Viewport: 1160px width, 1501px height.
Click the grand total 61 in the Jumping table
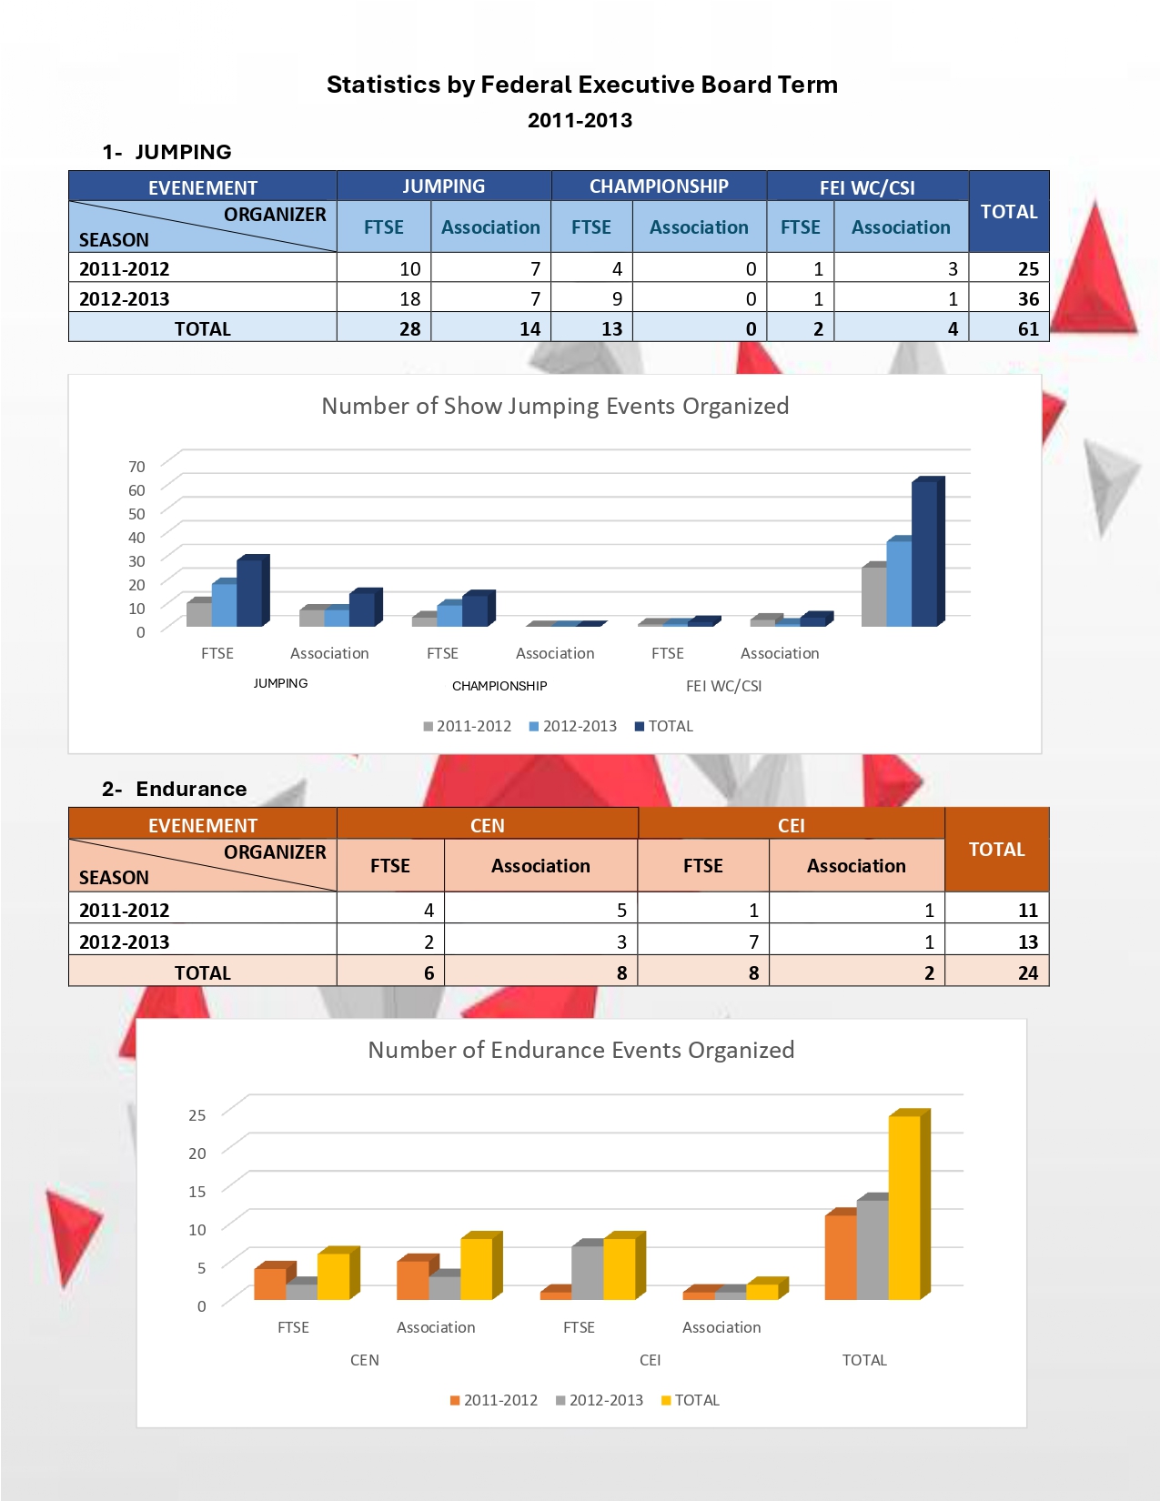click(1027, 328)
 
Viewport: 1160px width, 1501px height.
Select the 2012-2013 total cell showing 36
click(1027, 298)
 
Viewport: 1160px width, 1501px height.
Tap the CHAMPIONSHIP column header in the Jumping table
click(659, 186)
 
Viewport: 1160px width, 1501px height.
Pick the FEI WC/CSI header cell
click(867, 187)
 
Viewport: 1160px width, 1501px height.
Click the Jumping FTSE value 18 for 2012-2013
click(409, 298)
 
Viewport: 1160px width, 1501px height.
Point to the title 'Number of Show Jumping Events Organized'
click(555, 406)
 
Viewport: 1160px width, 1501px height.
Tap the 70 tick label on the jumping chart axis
click(136, 467)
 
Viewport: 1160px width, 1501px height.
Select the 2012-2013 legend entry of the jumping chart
click(573, 726)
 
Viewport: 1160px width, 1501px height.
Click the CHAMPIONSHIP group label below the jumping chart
click(499, 686)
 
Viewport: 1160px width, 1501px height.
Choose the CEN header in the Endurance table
click(487, 825)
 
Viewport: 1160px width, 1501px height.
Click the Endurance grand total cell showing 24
click(1027, 972)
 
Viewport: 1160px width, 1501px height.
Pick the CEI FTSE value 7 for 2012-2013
click(753, 942)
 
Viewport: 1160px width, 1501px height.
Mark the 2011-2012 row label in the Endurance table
click(125, 910)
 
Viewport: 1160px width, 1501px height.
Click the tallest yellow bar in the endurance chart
click(905, 1206)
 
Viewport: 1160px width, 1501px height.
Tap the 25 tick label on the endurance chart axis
click(197, 1114)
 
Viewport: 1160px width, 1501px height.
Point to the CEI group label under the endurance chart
click(650, 1360)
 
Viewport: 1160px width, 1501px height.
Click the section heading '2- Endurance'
click(175, 789)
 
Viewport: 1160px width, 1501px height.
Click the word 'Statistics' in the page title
click(383, 85)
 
